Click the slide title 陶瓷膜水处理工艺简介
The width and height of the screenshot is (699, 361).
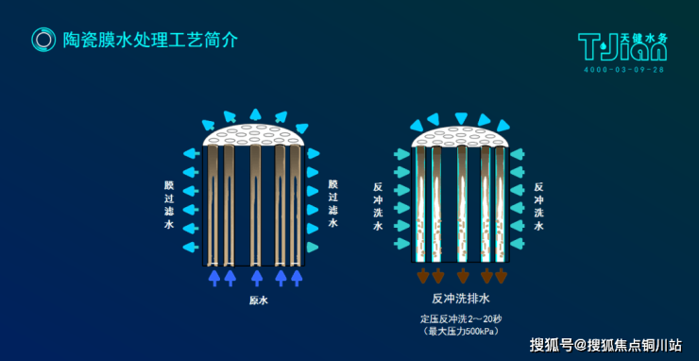[150, 40]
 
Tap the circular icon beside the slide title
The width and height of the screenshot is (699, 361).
[43, 40]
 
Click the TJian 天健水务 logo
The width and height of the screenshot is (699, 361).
[622, 46]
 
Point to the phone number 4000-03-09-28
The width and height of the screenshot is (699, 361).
[623, 70]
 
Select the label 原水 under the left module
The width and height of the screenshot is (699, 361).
[259, 301]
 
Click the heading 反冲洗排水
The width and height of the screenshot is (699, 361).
[461, 299]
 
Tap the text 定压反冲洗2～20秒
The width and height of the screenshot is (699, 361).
[461, 319]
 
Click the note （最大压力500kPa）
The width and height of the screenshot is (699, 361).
[461, 332]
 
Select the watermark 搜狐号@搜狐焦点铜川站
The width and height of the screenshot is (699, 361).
[605, 345]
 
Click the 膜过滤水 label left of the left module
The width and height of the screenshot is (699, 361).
[169, 205]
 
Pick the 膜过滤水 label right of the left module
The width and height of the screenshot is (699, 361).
[333, 204]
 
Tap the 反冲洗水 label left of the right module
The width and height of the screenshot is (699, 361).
[378, 207]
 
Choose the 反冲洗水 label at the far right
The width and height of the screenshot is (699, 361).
[538, 206]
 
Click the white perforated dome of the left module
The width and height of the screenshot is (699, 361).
[254, 135]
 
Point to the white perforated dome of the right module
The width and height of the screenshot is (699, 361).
[461, 136]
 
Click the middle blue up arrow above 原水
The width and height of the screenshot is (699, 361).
[257, 277]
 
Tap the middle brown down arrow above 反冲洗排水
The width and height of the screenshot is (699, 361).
[463, 275]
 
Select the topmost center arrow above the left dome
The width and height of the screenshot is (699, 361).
[255, 114]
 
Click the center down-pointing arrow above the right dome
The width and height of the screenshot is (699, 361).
[461, 118]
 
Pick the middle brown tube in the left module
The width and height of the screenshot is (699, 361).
[255, 204]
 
